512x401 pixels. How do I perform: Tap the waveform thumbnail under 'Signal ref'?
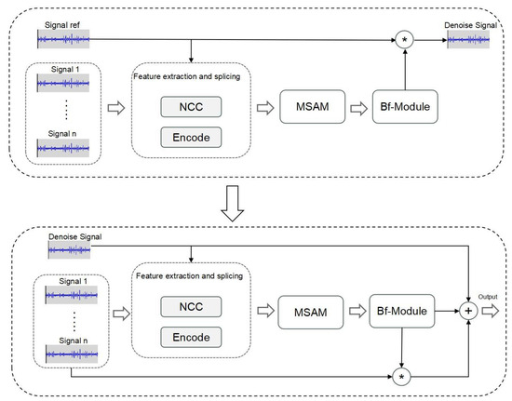(62, 39)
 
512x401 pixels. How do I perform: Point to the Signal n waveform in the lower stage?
(62, 353)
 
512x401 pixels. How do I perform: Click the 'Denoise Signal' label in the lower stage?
(76, 238)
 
